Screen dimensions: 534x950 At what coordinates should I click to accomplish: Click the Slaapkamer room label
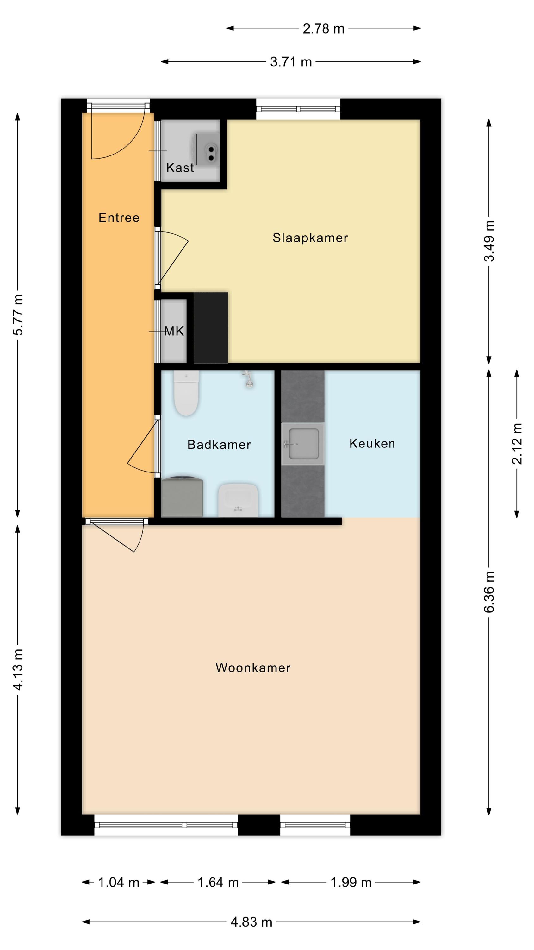[310, 238]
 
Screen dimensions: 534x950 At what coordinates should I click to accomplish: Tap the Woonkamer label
[253, 668]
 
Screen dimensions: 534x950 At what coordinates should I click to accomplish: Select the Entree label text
[119, 218]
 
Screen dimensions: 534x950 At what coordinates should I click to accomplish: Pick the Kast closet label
[180, 168]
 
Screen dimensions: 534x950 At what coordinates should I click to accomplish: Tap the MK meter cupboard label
[174, 331]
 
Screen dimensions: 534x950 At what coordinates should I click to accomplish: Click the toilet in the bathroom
[186, 393]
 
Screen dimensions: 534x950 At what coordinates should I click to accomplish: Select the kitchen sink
[302, 444]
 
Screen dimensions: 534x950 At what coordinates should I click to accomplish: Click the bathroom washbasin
[238, 500]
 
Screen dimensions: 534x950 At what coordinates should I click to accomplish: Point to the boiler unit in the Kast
[207, 150]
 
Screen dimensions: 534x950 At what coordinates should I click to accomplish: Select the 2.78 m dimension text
[323, 29]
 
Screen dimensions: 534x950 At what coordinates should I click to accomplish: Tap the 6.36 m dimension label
[489, 592]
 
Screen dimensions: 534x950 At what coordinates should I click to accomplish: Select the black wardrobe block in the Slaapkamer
[211, 327]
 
